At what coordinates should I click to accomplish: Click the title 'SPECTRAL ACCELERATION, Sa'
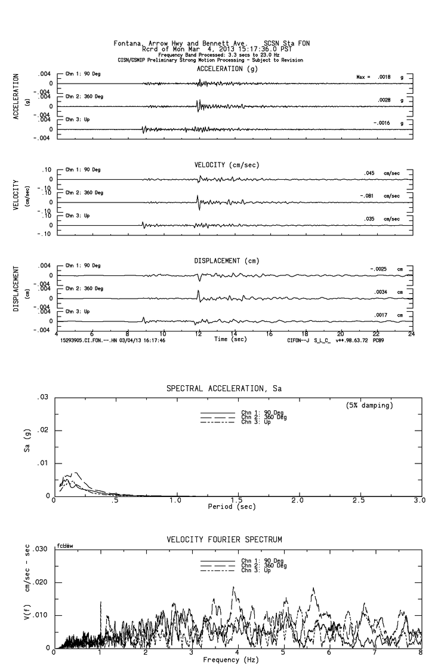pos(223,389)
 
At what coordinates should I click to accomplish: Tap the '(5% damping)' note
pos(369,406)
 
